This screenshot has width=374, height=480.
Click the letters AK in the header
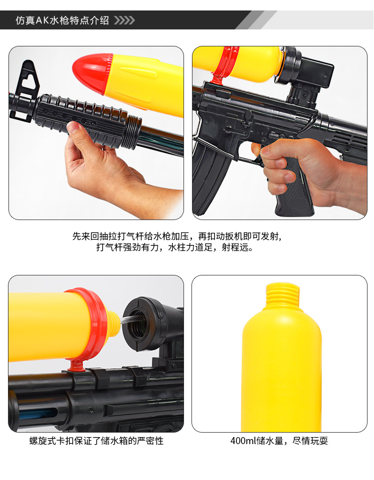coord(42,20)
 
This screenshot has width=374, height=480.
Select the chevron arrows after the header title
coord(124,20)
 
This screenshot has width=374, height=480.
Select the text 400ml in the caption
coord(243,441)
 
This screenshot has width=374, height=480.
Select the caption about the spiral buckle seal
coord(96,441)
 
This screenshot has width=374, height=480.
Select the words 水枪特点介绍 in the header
coord(80,20)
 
